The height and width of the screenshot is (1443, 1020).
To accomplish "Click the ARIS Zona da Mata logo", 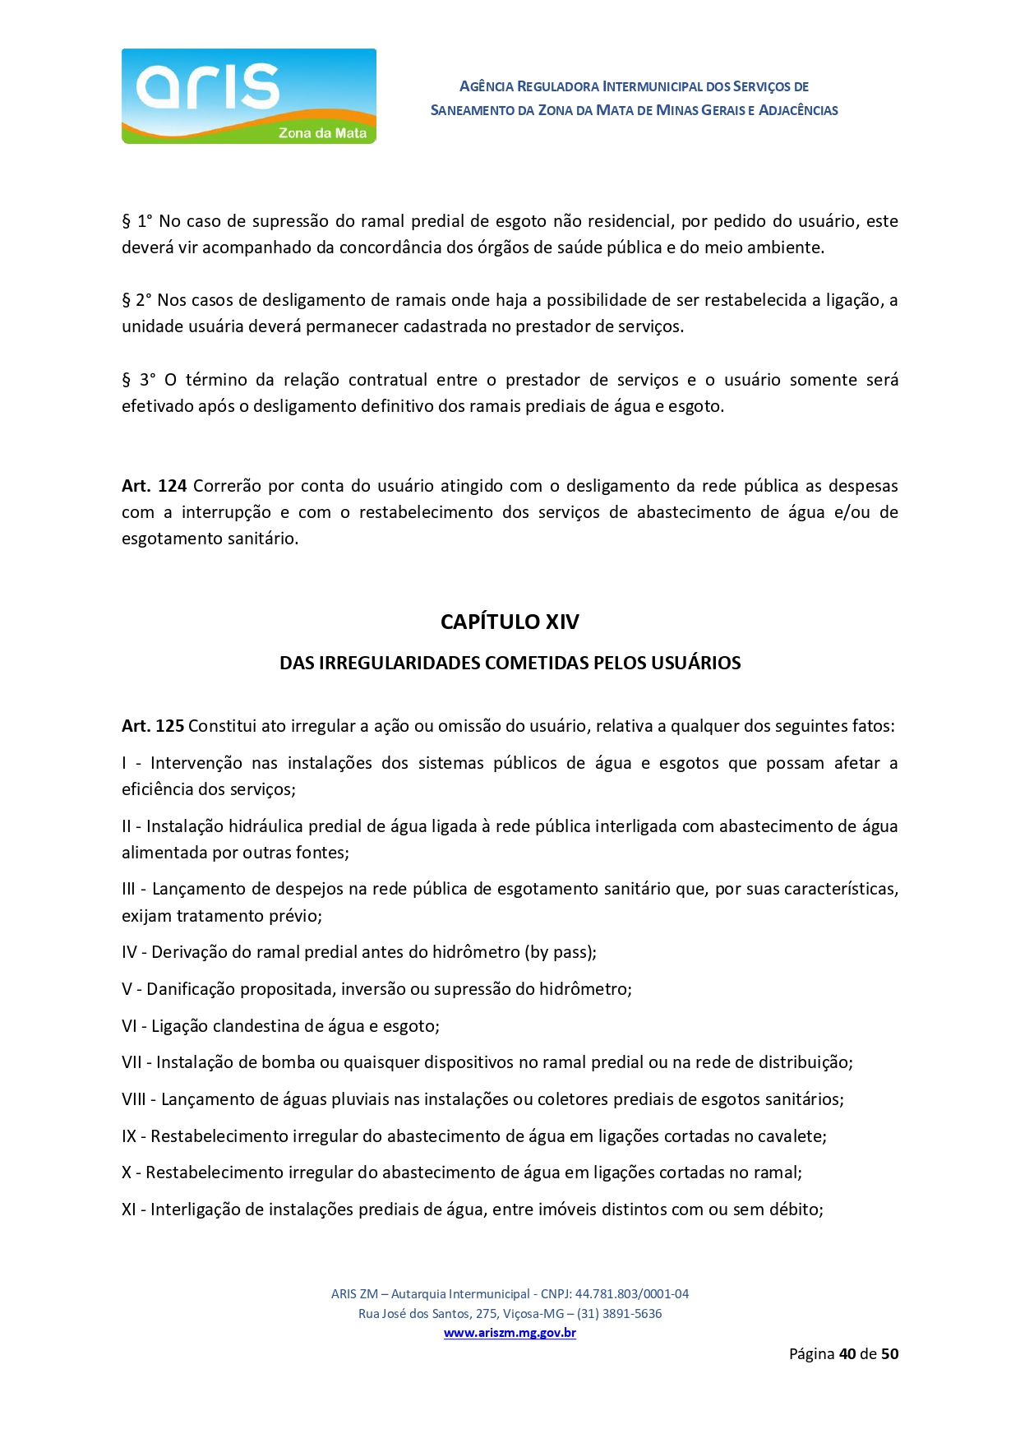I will click(x=248, y=96).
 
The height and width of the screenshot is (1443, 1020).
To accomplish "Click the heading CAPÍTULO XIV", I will click(x=510, y=622).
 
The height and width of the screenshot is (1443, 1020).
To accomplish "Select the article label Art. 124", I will click(x=154, y=486).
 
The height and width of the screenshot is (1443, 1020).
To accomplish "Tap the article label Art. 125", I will click(x=153, y=726).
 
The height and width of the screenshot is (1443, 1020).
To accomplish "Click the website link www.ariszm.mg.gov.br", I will click(x=510, y=1333).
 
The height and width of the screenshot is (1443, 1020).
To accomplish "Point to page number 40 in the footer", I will click(x=847, y=1354).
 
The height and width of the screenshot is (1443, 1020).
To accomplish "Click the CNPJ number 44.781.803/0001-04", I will click(x=631, y=1293).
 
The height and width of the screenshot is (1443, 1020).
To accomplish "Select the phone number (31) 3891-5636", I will click(x=619, y=1313).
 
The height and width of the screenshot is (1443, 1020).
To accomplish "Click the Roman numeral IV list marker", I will click(x=129, y=952).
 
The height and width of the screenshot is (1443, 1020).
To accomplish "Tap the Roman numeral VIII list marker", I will click(x=133, y=1099).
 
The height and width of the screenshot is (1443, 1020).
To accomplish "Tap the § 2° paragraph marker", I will click(x=136, y=300).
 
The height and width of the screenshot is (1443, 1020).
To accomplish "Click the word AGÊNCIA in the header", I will click(x=487, y=86).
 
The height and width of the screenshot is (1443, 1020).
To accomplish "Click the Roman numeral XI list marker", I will click(x=128, y=1209).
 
